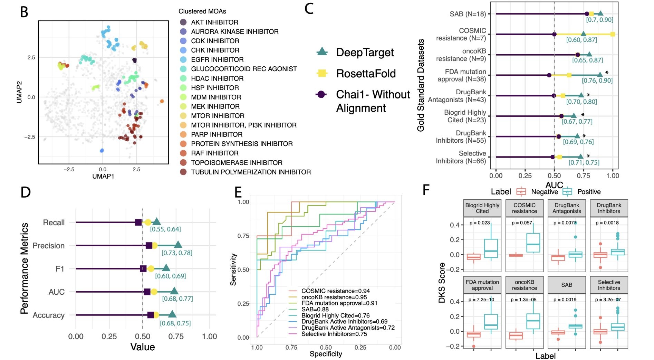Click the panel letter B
(x=24, y=12)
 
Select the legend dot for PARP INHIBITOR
(x=183, y=134)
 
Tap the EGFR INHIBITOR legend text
(x=217, y=59)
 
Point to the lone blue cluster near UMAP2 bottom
(x=102, y=150)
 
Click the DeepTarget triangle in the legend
(x=322, y=52)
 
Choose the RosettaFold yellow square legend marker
(x=322, y=73)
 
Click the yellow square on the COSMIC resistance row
(x=612, y=34)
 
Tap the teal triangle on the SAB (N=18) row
(x=600, y=14)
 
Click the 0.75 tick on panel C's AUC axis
(x=584, y=176)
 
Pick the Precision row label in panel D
(x=49, y=246)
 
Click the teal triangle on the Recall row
(x=156, y=222)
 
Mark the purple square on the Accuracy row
(x=151, y=315)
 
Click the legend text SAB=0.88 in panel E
(x=315, y=309)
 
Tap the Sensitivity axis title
(x=233, y=269)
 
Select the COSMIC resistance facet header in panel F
(x=524, y=208)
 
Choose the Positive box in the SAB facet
(x=575, y=326)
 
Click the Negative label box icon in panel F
(x=521, y=191)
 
